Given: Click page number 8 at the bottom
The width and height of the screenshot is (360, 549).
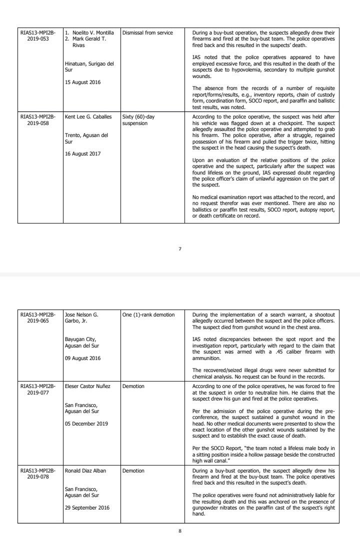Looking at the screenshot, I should tap(180, 531).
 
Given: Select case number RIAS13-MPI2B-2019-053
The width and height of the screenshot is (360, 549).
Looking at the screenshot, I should tap(38, 35).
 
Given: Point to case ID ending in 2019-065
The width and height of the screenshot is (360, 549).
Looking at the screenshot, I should tap(38, 318).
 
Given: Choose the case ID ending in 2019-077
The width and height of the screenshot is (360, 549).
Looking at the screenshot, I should tap(38, 389).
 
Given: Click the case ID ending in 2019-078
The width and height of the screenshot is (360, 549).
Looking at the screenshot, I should tap(38, 474).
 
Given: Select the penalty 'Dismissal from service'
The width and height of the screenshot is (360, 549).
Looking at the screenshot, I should tap(147, 33).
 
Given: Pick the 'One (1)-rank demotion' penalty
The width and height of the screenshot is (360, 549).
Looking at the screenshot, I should tap(148, 315).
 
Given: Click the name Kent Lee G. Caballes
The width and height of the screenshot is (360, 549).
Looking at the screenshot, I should tap(89, 116).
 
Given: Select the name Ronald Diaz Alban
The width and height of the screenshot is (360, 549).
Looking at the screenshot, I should tap(85, 471).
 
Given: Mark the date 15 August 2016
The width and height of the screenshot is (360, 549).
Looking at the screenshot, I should tap(83, 82).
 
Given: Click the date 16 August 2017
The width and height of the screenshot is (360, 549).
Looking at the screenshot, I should tap(83, 154).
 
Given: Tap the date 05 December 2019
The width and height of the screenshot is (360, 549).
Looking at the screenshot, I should tap(86, 423).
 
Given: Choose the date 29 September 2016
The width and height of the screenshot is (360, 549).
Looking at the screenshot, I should tap(87, 507).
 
